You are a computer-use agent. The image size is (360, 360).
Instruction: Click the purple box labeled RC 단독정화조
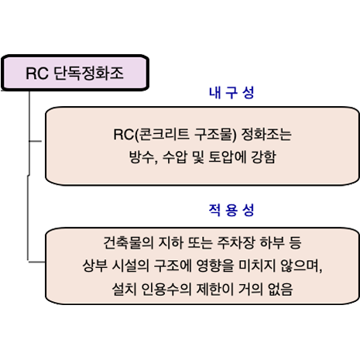75,73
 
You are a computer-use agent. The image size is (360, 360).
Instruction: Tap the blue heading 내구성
231,93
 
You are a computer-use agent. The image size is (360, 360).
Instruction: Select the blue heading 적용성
231,210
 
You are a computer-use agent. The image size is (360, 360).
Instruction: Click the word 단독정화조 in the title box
88,73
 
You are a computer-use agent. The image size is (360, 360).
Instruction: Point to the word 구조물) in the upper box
215,135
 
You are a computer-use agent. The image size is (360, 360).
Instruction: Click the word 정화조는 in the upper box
266,135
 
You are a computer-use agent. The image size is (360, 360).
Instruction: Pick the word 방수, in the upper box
143,157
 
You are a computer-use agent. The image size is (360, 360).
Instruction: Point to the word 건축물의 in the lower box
129,242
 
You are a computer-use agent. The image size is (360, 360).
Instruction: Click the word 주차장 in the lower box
236,242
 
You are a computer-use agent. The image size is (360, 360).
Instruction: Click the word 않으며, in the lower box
301,266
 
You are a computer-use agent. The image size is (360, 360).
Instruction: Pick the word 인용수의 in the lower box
166,289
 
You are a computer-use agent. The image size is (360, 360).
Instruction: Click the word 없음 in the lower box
280,289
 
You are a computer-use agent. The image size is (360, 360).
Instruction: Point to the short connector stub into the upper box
35,141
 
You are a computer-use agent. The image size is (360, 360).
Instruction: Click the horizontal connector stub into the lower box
36,262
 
